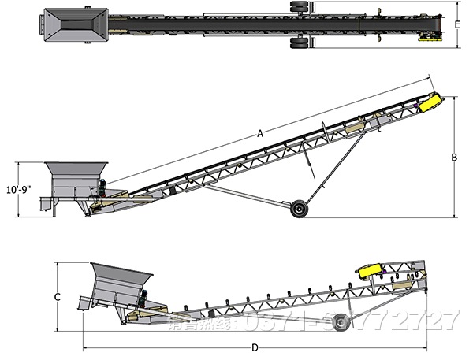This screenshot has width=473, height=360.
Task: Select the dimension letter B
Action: tap(454, 157)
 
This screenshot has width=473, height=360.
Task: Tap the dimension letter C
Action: tap(58, 297)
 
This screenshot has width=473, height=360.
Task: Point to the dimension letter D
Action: tap(255, 347)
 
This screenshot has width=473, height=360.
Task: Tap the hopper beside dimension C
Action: tap(121, 284)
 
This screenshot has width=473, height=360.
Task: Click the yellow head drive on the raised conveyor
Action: tap(429, 102)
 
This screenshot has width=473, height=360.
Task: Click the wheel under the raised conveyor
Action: tap(299, 209)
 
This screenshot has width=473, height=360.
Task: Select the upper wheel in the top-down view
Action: tap(300, 7)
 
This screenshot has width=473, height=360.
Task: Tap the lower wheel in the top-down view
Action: tap(300, 43)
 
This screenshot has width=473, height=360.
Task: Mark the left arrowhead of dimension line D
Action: tap(84, 347)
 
